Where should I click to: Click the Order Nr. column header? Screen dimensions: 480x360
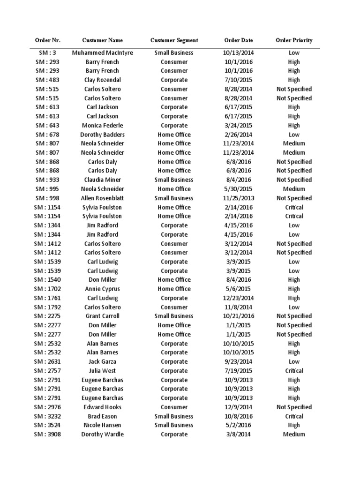[x=48, y=40]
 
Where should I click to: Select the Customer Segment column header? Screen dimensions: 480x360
[x=174, y=40]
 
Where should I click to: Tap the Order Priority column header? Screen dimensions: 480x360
[x=294, y=40]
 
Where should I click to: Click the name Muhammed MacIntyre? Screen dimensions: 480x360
[x=102, y=52]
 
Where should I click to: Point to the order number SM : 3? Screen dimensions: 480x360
[x=48, y=52]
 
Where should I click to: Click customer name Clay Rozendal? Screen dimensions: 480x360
[x=102, y=80]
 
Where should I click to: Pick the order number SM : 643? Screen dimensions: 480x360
[x=48, y=125]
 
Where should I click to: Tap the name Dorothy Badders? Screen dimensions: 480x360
[x=102, y=135]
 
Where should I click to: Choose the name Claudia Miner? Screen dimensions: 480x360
[x=102, y=180]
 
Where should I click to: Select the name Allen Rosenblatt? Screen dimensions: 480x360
[x=102, y=198]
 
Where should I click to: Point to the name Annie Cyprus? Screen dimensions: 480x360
[x=102, y=289]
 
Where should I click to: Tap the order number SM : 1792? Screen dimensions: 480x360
[x=48, y=307]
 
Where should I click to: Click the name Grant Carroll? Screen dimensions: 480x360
[x=102, y=316]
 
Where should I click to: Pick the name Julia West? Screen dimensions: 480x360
[x=102, y=371]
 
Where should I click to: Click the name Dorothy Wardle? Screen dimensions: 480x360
[x=102, y=434]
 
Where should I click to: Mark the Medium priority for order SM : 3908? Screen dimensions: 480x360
[x=294, y=434]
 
